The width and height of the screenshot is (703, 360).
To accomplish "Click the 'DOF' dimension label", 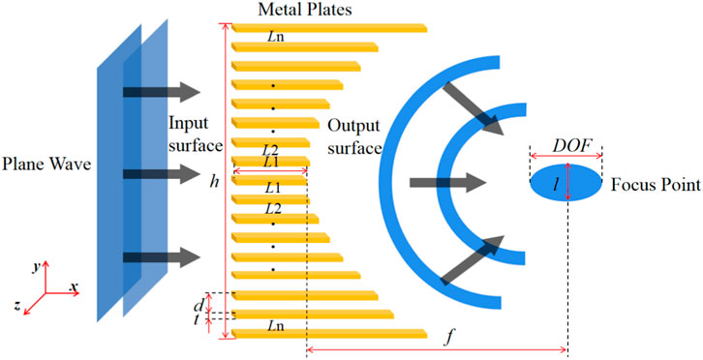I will pos(566,142).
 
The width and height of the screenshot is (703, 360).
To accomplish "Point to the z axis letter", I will pos(18,304).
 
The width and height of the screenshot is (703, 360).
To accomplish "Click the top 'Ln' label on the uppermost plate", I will pos(275,33).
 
